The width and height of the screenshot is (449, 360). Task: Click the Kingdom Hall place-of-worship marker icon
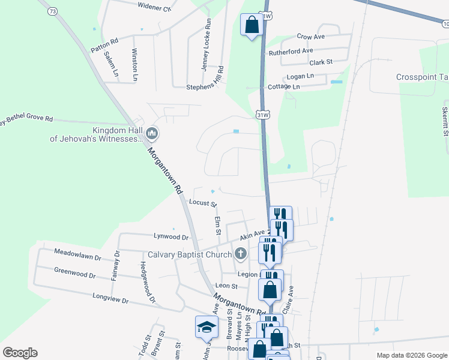[x=152, y=132]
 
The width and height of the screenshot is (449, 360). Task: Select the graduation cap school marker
[x=206, y=327]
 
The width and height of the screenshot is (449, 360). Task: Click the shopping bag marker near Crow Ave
[x=252, y=25]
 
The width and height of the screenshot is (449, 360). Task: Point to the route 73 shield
[x=53, y=11]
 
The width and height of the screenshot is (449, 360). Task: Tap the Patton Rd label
[x=104, y=46]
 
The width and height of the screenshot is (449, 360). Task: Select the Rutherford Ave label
[x=291, y=52]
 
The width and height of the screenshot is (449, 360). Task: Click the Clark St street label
[x=321, y=62]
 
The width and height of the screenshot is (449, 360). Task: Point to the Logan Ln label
[x=300, y=76]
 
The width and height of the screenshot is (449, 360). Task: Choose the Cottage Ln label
[x=283, y=86]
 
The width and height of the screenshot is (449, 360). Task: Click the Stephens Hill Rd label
[x=204, y=86]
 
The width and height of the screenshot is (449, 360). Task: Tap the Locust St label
[x=202, y=203]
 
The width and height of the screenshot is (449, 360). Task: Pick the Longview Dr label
[x=111, y=297]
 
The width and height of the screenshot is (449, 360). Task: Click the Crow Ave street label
[x=310, y=37]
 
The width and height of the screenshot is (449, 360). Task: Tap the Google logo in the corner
[x=20, y=353]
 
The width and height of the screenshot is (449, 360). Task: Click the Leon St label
[x=227, y=286]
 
